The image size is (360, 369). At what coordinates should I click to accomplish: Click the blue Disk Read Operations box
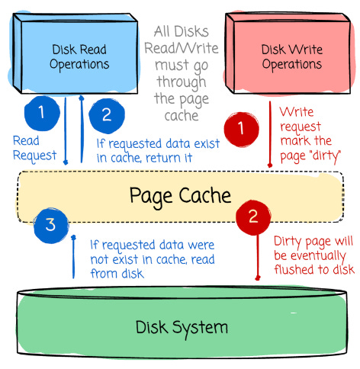[x=76, y=53]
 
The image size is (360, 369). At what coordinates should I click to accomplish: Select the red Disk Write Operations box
[x=288, y=53]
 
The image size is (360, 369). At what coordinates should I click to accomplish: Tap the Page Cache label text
[x=180, y=197]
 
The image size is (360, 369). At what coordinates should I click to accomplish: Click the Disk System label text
[x=182, y=328]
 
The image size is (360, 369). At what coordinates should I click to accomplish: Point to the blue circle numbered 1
[x=42, y=114]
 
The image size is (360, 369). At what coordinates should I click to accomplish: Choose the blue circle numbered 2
[x=107, y=116]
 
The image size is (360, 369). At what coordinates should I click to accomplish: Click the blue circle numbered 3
[x=51, y=225]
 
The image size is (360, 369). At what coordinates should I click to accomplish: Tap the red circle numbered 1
[x=242, y=129]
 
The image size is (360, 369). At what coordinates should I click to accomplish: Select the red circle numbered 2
[x=253, y=217]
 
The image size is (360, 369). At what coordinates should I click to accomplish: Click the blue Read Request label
[x=34, y=149]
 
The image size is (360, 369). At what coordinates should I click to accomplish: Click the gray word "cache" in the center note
[x=182, y=116]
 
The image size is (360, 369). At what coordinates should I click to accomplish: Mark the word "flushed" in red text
[x=294, y=269]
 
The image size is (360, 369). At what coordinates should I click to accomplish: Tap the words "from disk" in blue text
[x=117, y=274]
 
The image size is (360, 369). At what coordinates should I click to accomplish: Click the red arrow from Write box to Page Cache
[x=270, y=134]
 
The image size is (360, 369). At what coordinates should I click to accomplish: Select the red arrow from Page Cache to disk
[x=258, y=257]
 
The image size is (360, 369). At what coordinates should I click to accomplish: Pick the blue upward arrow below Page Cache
[x=73, y=257]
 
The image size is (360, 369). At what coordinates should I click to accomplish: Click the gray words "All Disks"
[x=182, y=32]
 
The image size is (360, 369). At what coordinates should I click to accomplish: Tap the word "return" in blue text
[x=163, y=158]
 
